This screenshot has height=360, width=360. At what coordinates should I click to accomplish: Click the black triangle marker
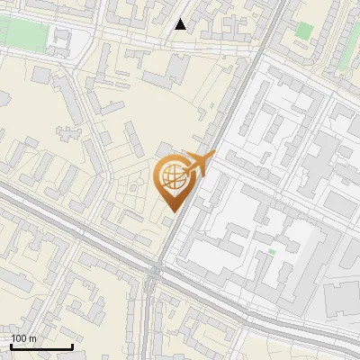181,24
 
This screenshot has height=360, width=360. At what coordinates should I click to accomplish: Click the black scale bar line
40,346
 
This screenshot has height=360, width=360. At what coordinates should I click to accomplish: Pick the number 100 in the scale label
20,338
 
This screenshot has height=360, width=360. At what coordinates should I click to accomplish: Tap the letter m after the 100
32,338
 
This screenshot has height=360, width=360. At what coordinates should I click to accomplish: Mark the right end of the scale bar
72,346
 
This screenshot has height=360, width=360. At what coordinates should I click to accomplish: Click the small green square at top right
304,31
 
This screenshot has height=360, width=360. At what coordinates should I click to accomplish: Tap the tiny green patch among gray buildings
270,251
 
